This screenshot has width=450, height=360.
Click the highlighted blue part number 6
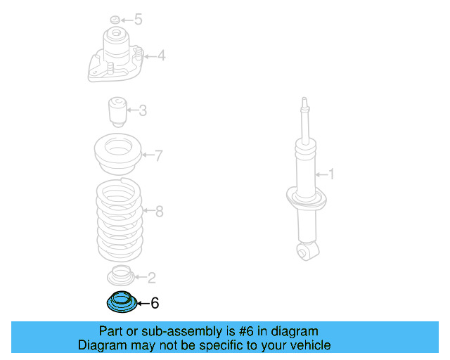(x=119, y=302)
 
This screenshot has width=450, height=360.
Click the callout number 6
(x=155, y=303)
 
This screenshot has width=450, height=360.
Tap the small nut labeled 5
(x=115, y=19)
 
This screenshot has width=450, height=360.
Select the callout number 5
(x=138, y=19)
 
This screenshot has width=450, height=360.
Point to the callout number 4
(x=161, y=54)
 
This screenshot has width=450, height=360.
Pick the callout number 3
(x=143, y=110)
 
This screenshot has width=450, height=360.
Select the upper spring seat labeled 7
(x=118, y=155)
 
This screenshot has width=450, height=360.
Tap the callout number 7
(x=159, y=155)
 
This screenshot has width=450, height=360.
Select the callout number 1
(x=333, y=173)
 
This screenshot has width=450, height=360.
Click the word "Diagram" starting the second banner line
(x=102, y=345)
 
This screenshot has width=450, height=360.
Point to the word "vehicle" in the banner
(x=307, y=345)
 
